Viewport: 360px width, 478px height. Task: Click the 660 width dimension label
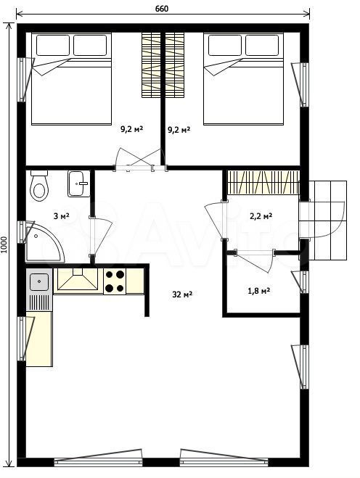[162, 9]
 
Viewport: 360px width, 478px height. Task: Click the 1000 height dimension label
[4, 245]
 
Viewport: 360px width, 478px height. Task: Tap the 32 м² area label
[182, 294]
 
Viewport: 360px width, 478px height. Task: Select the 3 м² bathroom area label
[61, 216]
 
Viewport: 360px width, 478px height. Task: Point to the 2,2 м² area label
[261, 216]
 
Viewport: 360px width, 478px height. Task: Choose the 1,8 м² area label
[258, 291]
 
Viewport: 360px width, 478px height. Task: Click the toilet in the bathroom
[39, 186]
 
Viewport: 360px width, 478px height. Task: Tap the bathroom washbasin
[78, 184]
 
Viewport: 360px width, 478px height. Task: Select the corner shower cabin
[45, 242]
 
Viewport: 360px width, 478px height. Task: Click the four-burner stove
[115, 281]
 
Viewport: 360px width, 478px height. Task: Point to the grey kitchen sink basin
[39, 282]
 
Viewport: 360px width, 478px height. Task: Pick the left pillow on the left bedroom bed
[53, 45]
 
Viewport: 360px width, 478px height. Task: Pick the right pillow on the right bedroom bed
[262, 45]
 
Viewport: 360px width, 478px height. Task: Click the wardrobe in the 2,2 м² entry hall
[263, 182]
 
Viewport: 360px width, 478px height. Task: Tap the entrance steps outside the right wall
[327, 221]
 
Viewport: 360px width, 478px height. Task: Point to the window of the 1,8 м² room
[300, 281]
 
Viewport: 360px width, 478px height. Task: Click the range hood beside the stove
[78, 279]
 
